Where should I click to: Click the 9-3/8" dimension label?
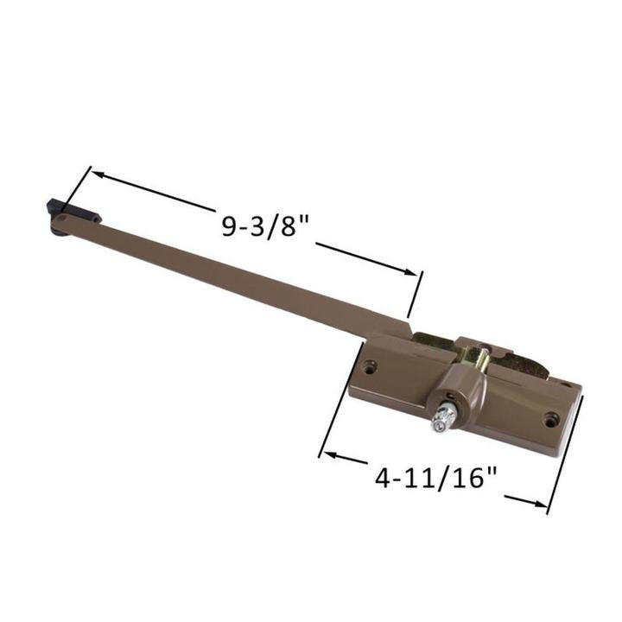click(265, 226)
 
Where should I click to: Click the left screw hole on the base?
click(370, 368)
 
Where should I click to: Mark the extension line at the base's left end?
click(334, 423)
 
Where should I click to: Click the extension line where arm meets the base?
click(416, 294)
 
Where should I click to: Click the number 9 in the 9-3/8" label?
click(229, 226)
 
